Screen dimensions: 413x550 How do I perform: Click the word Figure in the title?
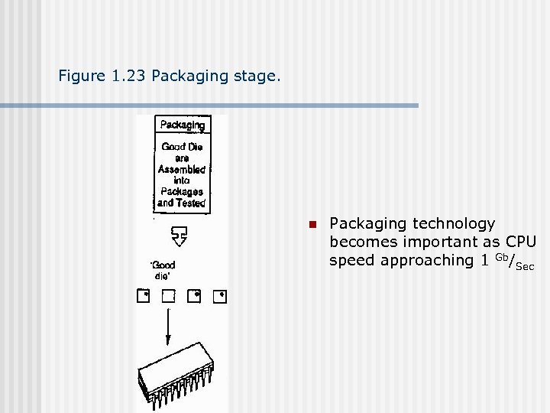[x=80, y=76]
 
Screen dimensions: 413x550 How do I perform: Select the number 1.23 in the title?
[x=127, y=76]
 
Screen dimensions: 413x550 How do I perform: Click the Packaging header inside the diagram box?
[x=182, y=125]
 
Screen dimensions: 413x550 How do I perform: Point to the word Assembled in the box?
[x=182, y=169]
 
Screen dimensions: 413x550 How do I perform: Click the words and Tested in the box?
[x=182, y=203]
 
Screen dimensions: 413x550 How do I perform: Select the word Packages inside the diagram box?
[x=182, y=191]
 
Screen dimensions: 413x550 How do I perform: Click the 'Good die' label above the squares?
[x=163, y=270]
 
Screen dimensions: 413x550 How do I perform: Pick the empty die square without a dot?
[x=168, y=296]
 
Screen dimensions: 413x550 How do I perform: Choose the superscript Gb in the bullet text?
[x=500, y=256]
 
